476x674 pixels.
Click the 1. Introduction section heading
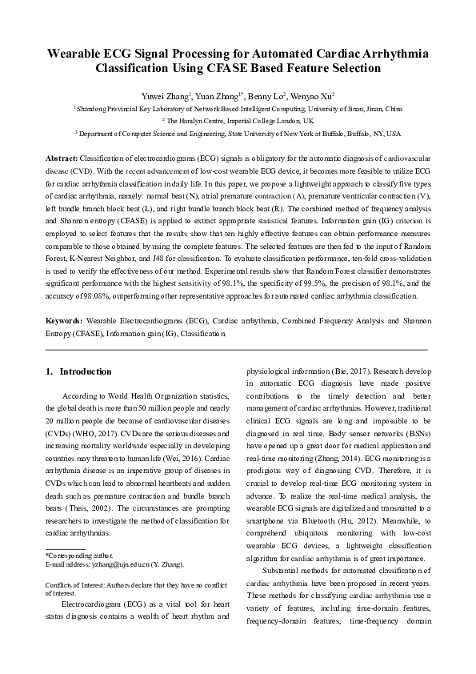coord(78,371)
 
